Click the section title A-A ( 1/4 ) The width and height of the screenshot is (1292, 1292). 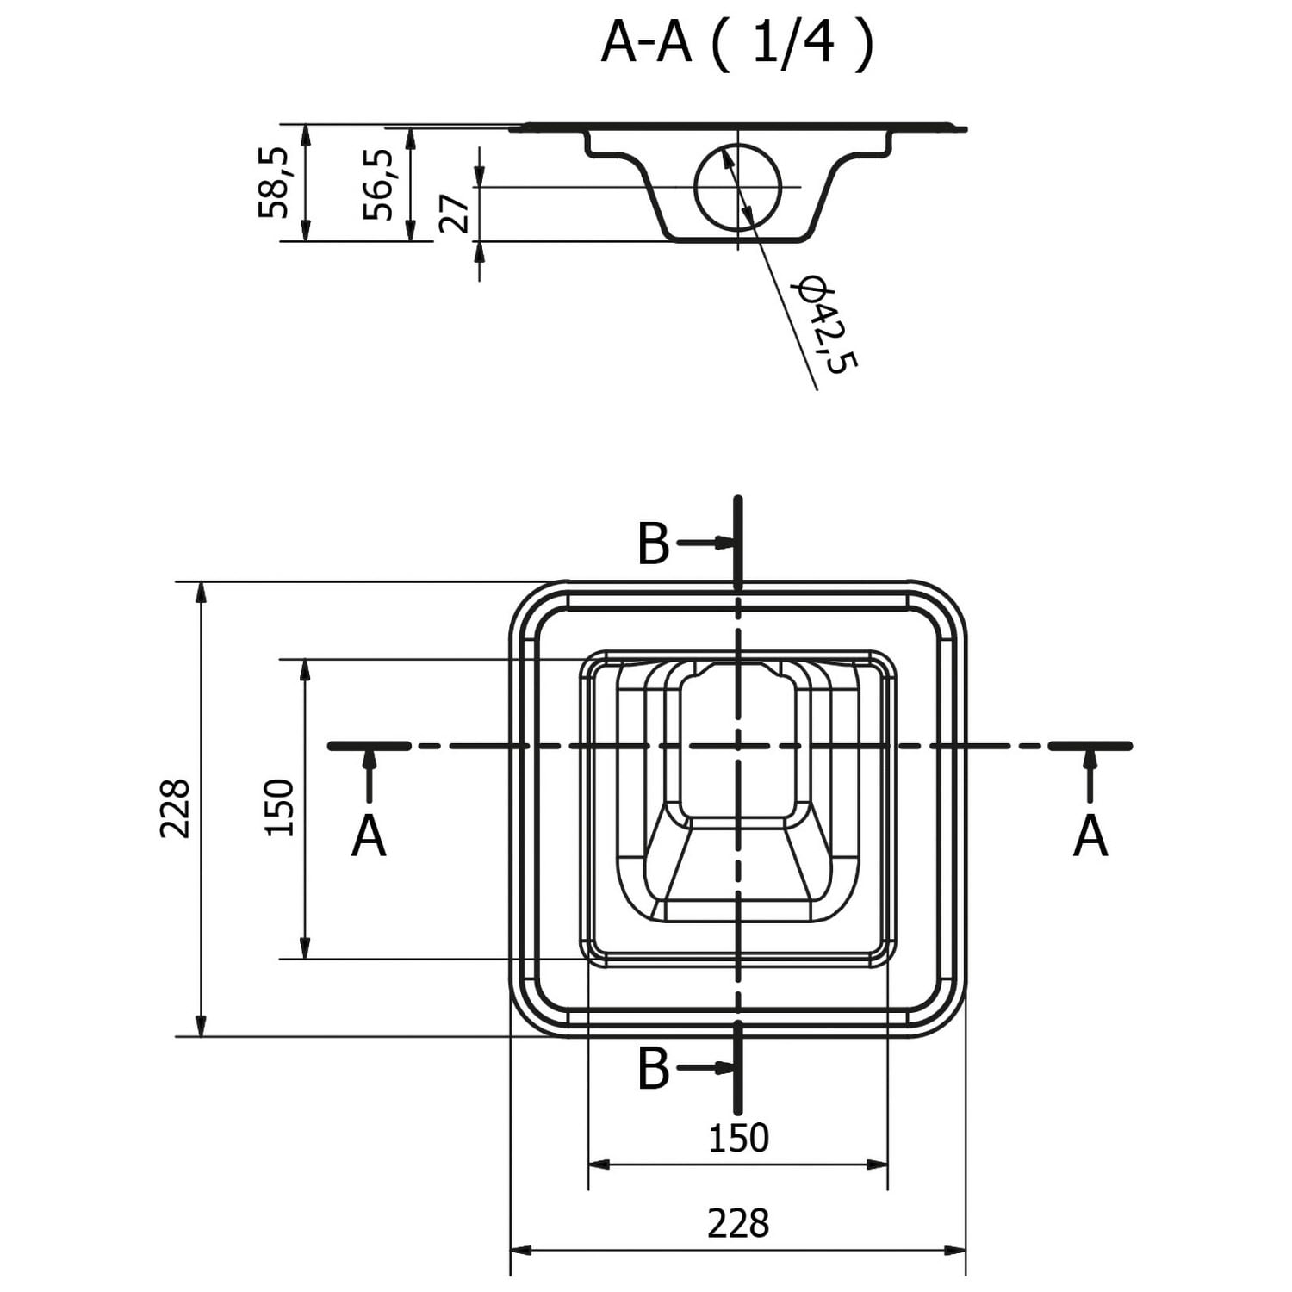click(x=737, y=43)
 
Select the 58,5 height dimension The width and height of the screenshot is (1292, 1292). click(x=274, y=182)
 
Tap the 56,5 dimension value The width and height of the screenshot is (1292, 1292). click(x=378, y=184)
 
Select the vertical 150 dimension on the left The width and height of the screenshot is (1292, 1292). click(x=279, y=807)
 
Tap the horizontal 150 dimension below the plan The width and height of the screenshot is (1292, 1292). click(x=738, y=1139)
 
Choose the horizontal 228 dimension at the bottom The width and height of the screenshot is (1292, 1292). click(x=738, y=1223)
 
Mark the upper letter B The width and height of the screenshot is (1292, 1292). click(x=654, y=544)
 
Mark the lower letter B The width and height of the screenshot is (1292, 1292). click(x=654, y=1068)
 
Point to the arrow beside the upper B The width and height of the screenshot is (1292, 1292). click(x=705, y=543)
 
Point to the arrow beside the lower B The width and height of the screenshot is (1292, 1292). click(x=705, y=1068)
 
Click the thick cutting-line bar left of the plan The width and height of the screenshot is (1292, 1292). click(x=370, y=746)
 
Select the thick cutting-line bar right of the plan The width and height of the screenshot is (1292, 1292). click(x=1090, y=746)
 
